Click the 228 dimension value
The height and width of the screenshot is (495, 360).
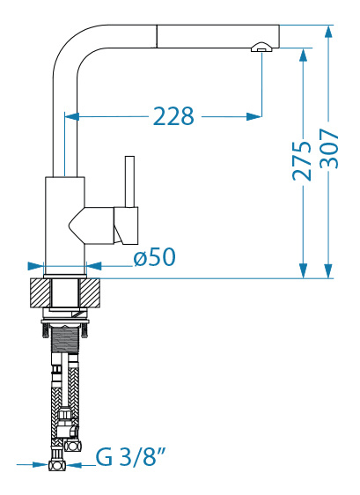173,116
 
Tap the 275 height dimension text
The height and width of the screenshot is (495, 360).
302,161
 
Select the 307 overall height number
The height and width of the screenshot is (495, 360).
329,148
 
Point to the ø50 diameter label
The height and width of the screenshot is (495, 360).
154,256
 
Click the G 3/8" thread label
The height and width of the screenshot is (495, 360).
130,457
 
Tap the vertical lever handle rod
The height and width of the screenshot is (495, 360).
129,181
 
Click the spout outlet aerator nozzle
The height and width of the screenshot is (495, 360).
261,47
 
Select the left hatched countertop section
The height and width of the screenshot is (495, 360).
40,293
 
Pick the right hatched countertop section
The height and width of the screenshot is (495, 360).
90,293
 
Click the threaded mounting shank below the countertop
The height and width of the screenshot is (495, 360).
65,340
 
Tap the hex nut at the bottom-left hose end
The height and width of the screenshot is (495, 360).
57,465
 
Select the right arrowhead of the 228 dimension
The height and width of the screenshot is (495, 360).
254,116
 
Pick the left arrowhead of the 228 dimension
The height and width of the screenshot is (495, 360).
72,116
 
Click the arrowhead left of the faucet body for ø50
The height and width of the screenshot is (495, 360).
36,266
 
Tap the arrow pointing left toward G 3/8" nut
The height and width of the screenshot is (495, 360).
74,465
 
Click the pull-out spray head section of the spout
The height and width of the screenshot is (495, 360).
217,36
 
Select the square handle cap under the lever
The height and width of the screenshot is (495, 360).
126,225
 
